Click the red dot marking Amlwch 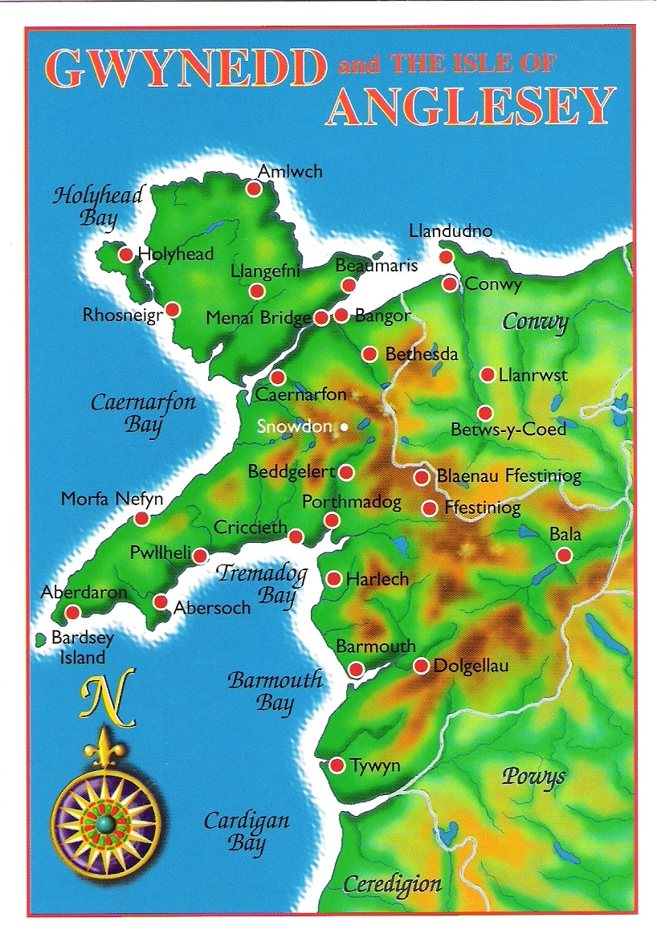coord(253,190)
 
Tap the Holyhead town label coord(176,254)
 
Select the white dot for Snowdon coord(344,427)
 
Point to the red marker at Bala coord(564,555)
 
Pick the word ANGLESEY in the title coord(470,107)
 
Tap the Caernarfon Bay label coord(143,413)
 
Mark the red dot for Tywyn coord(337,765)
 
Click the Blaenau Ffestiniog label coord(508,477)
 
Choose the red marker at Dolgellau coord(421,666)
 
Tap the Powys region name coord(533,777)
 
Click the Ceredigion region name coord(392,885)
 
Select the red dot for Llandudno coord(447,256)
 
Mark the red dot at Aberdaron coord(72,612)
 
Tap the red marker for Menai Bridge coord(321,318)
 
